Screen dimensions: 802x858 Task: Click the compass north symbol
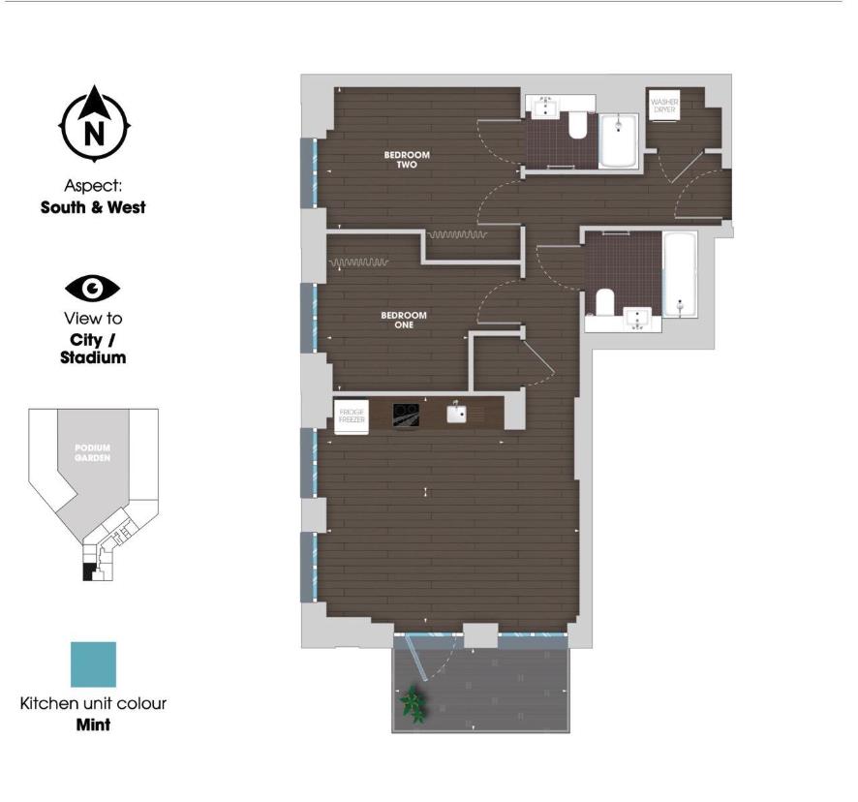(95, 123)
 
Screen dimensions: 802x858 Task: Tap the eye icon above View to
(92, 288)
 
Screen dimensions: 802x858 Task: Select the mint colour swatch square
(93, 664)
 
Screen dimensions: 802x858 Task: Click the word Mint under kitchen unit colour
(93, 724)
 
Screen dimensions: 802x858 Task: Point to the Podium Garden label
(93, 452)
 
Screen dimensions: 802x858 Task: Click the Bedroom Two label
(406, 160)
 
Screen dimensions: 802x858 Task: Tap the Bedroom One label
(404, 321)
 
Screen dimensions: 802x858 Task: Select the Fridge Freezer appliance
(352, 416)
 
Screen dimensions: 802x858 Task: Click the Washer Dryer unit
(663, 106)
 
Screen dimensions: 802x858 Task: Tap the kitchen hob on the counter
(406, 415)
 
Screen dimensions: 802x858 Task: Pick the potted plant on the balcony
(414, 704)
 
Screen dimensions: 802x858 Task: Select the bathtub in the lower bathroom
(680, 273)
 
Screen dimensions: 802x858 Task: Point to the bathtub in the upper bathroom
(618, 141)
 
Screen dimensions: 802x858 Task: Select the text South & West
(93, 207)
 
